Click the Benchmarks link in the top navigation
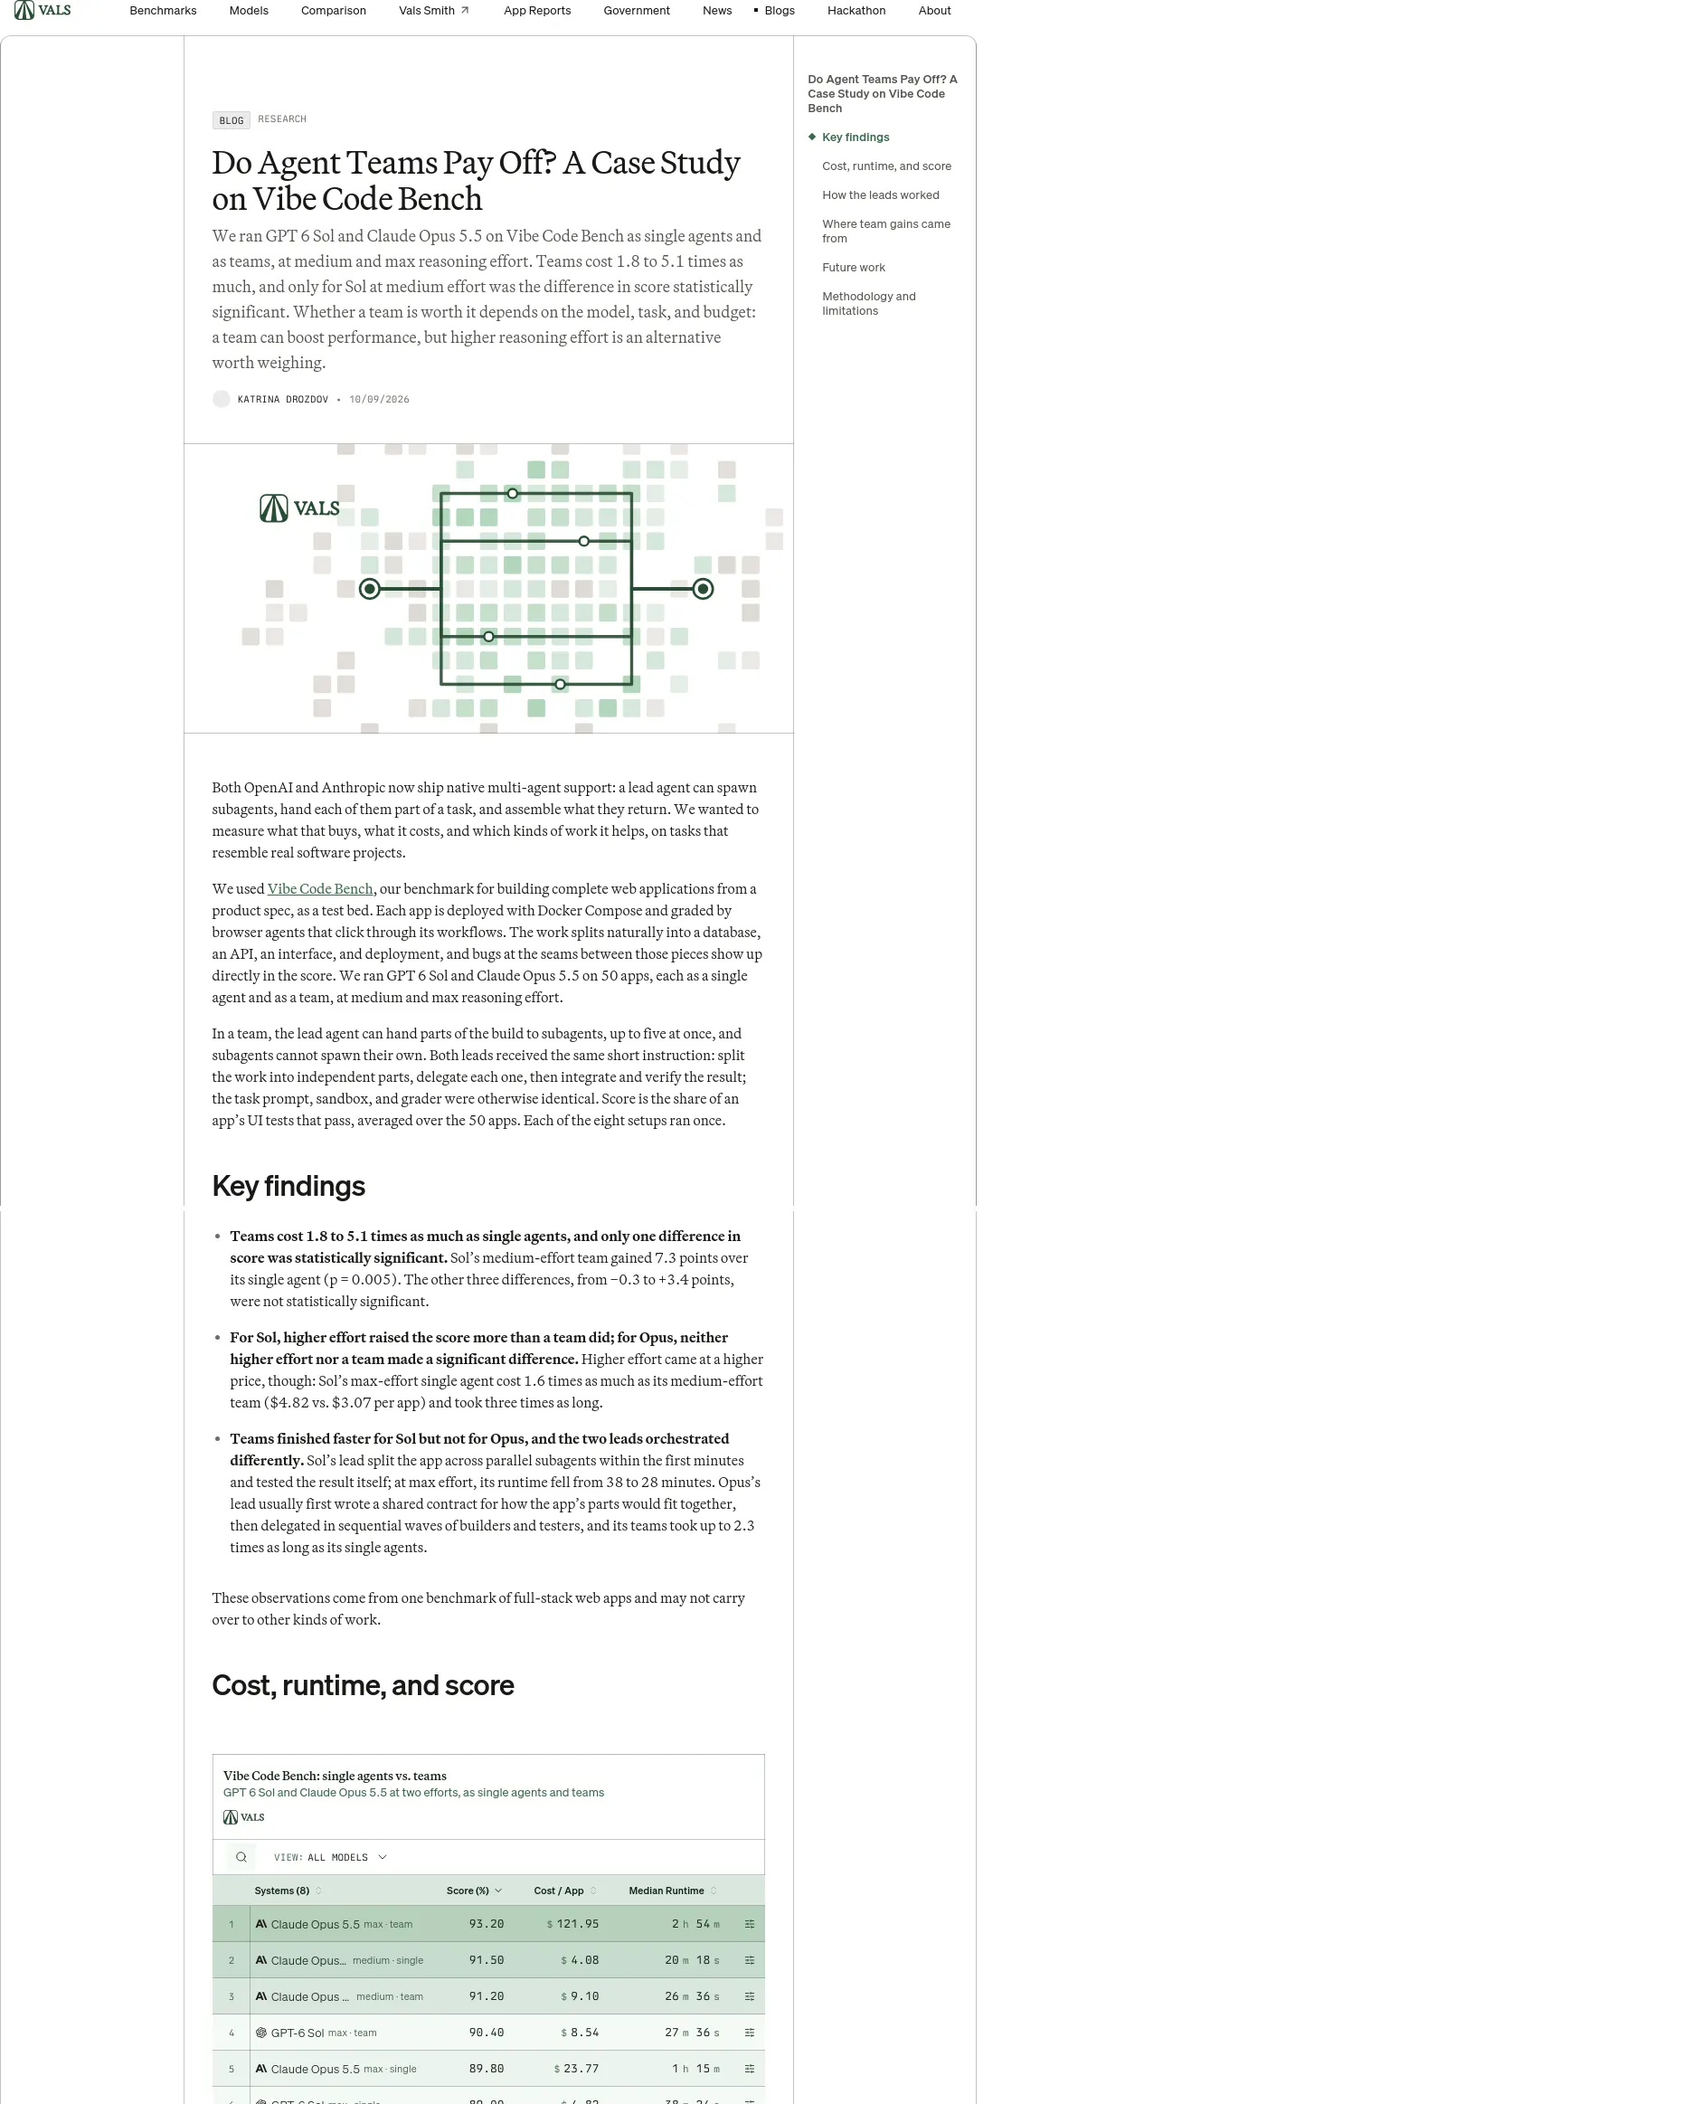tap(163, 11)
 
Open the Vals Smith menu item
tap(434, 11)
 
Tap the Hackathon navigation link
tap(856, 11)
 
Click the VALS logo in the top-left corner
tap(43, 11)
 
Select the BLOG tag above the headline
tap(232, 120)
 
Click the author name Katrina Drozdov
tap(283, 399)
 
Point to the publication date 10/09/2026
tap(380, 399)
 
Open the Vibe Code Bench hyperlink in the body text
tap(320, 889)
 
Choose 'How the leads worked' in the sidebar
tap(880, 195)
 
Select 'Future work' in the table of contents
tap(854, 268)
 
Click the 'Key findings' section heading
tap(288, 1186)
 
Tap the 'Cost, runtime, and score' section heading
tap(363, 1685)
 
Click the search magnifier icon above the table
tap(241, 1857)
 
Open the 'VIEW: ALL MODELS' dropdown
tap(330, 1857)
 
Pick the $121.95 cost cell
tap(572, 1924)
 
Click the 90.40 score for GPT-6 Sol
tap(486, 2033)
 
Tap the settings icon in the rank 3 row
tap(750, 1996)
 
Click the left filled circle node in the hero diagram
tap(370, 589)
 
